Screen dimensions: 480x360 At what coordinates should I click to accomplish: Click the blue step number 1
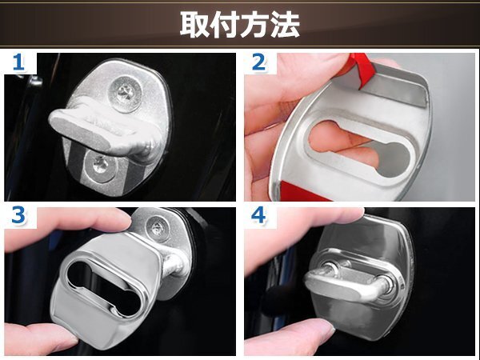[18, 62]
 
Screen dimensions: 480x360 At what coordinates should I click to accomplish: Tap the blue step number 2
[258, 62]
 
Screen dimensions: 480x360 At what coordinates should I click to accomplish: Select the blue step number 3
[18, 215]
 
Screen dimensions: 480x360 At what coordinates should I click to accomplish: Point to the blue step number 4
[258, 215]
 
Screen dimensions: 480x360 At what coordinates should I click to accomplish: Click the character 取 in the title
[194, 25]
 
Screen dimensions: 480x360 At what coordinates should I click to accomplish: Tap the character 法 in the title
[285, 25]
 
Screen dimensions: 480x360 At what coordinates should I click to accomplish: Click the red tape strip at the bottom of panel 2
[302, 190]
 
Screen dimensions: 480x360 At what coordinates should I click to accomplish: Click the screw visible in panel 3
[156, 227]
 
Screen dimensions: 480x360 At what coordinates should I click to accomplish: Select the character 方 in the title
[254, 25]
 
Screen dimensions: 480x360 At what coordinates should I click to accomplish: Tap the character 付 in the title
[225, 25]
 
